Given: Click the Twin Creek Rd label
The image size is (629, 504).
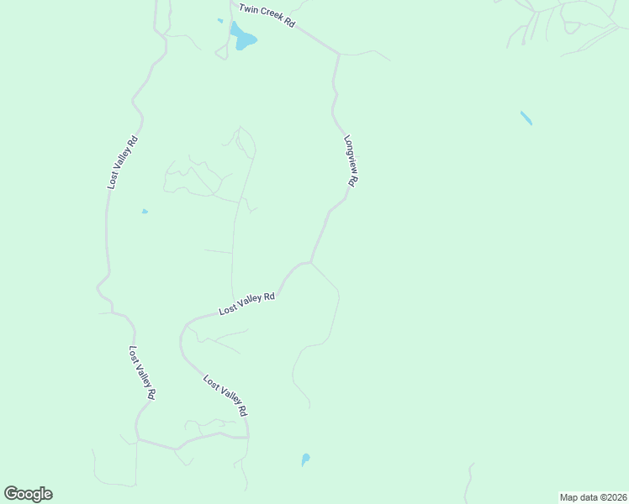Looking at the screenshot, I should [x=267, y=16].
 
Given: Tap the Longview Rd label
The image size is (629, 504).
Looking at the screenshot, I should [x=351, y=160].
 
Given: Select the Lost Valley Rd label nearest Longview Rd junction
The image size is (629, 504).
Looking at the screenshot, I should [x=247, y=303].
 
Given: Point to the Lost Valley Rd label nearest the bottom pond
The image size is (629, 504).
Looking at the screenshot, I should [x=225, y=396].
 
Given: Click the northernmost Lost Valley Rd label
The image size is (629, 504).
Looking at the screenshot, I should [x=122, y=161].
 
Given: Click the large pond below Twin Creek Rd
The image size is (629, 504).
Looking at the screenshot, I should [x=244, y=38].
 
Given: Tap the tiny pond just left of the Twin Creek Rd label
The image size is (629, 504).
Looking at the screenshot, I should [x=220, y=21].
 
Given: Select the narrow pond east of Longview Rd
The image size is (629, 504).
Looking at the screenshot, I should [x=526, y=118].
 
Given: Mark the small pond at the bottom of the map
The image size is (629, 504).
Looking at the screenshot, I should [x=305, y=459].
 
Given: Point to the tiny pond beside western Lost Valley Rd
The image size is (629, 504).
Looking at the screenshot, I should [x=145, y=212].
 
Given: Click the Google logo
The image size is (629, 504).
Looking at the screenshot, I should [x=28, y=494].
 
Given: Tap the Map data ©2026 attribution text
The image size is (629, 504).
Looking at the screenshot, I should [x=594, y=497].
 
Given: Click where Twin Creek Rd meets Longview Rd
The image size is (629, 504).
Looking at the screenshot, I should [x=339, y=55].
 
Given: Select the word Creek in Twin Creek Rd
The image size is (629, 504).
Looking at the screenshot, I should [x=268, y=16].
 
